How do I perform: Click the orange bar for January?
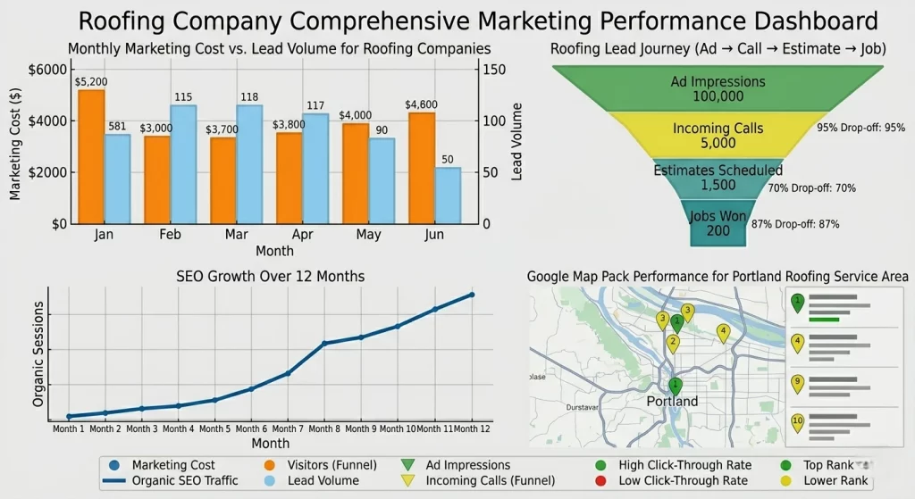pyautogui.click(x=91, y=156)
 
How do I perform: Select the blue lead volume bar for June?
pyautogui.click(x=449, y=195)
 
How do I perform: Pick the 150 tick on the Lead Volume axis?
pyautogui.click(x=494, y=70)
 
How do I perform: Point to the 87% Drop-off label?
pyautogui.click(x=795, y=224)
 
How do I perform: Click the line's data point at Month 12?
pyautogui.click(x=472, y=295)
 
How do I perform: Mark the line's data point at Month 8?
pyautogui.click(x=324, y=343)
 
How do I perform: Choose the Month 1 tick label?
pyautogui.click(x=69, y=429)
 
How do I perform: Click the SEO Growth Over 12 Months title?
pyautogui.click(x=269, y=277)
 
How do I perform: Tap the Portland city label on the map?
pyautogui.click(x=672, y=402)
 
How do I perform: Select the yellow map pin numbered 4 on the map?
pyautogui.click(x=724, y=333)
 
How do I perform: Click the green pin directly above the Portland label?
pyautogui.click(x=676, y=386)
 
